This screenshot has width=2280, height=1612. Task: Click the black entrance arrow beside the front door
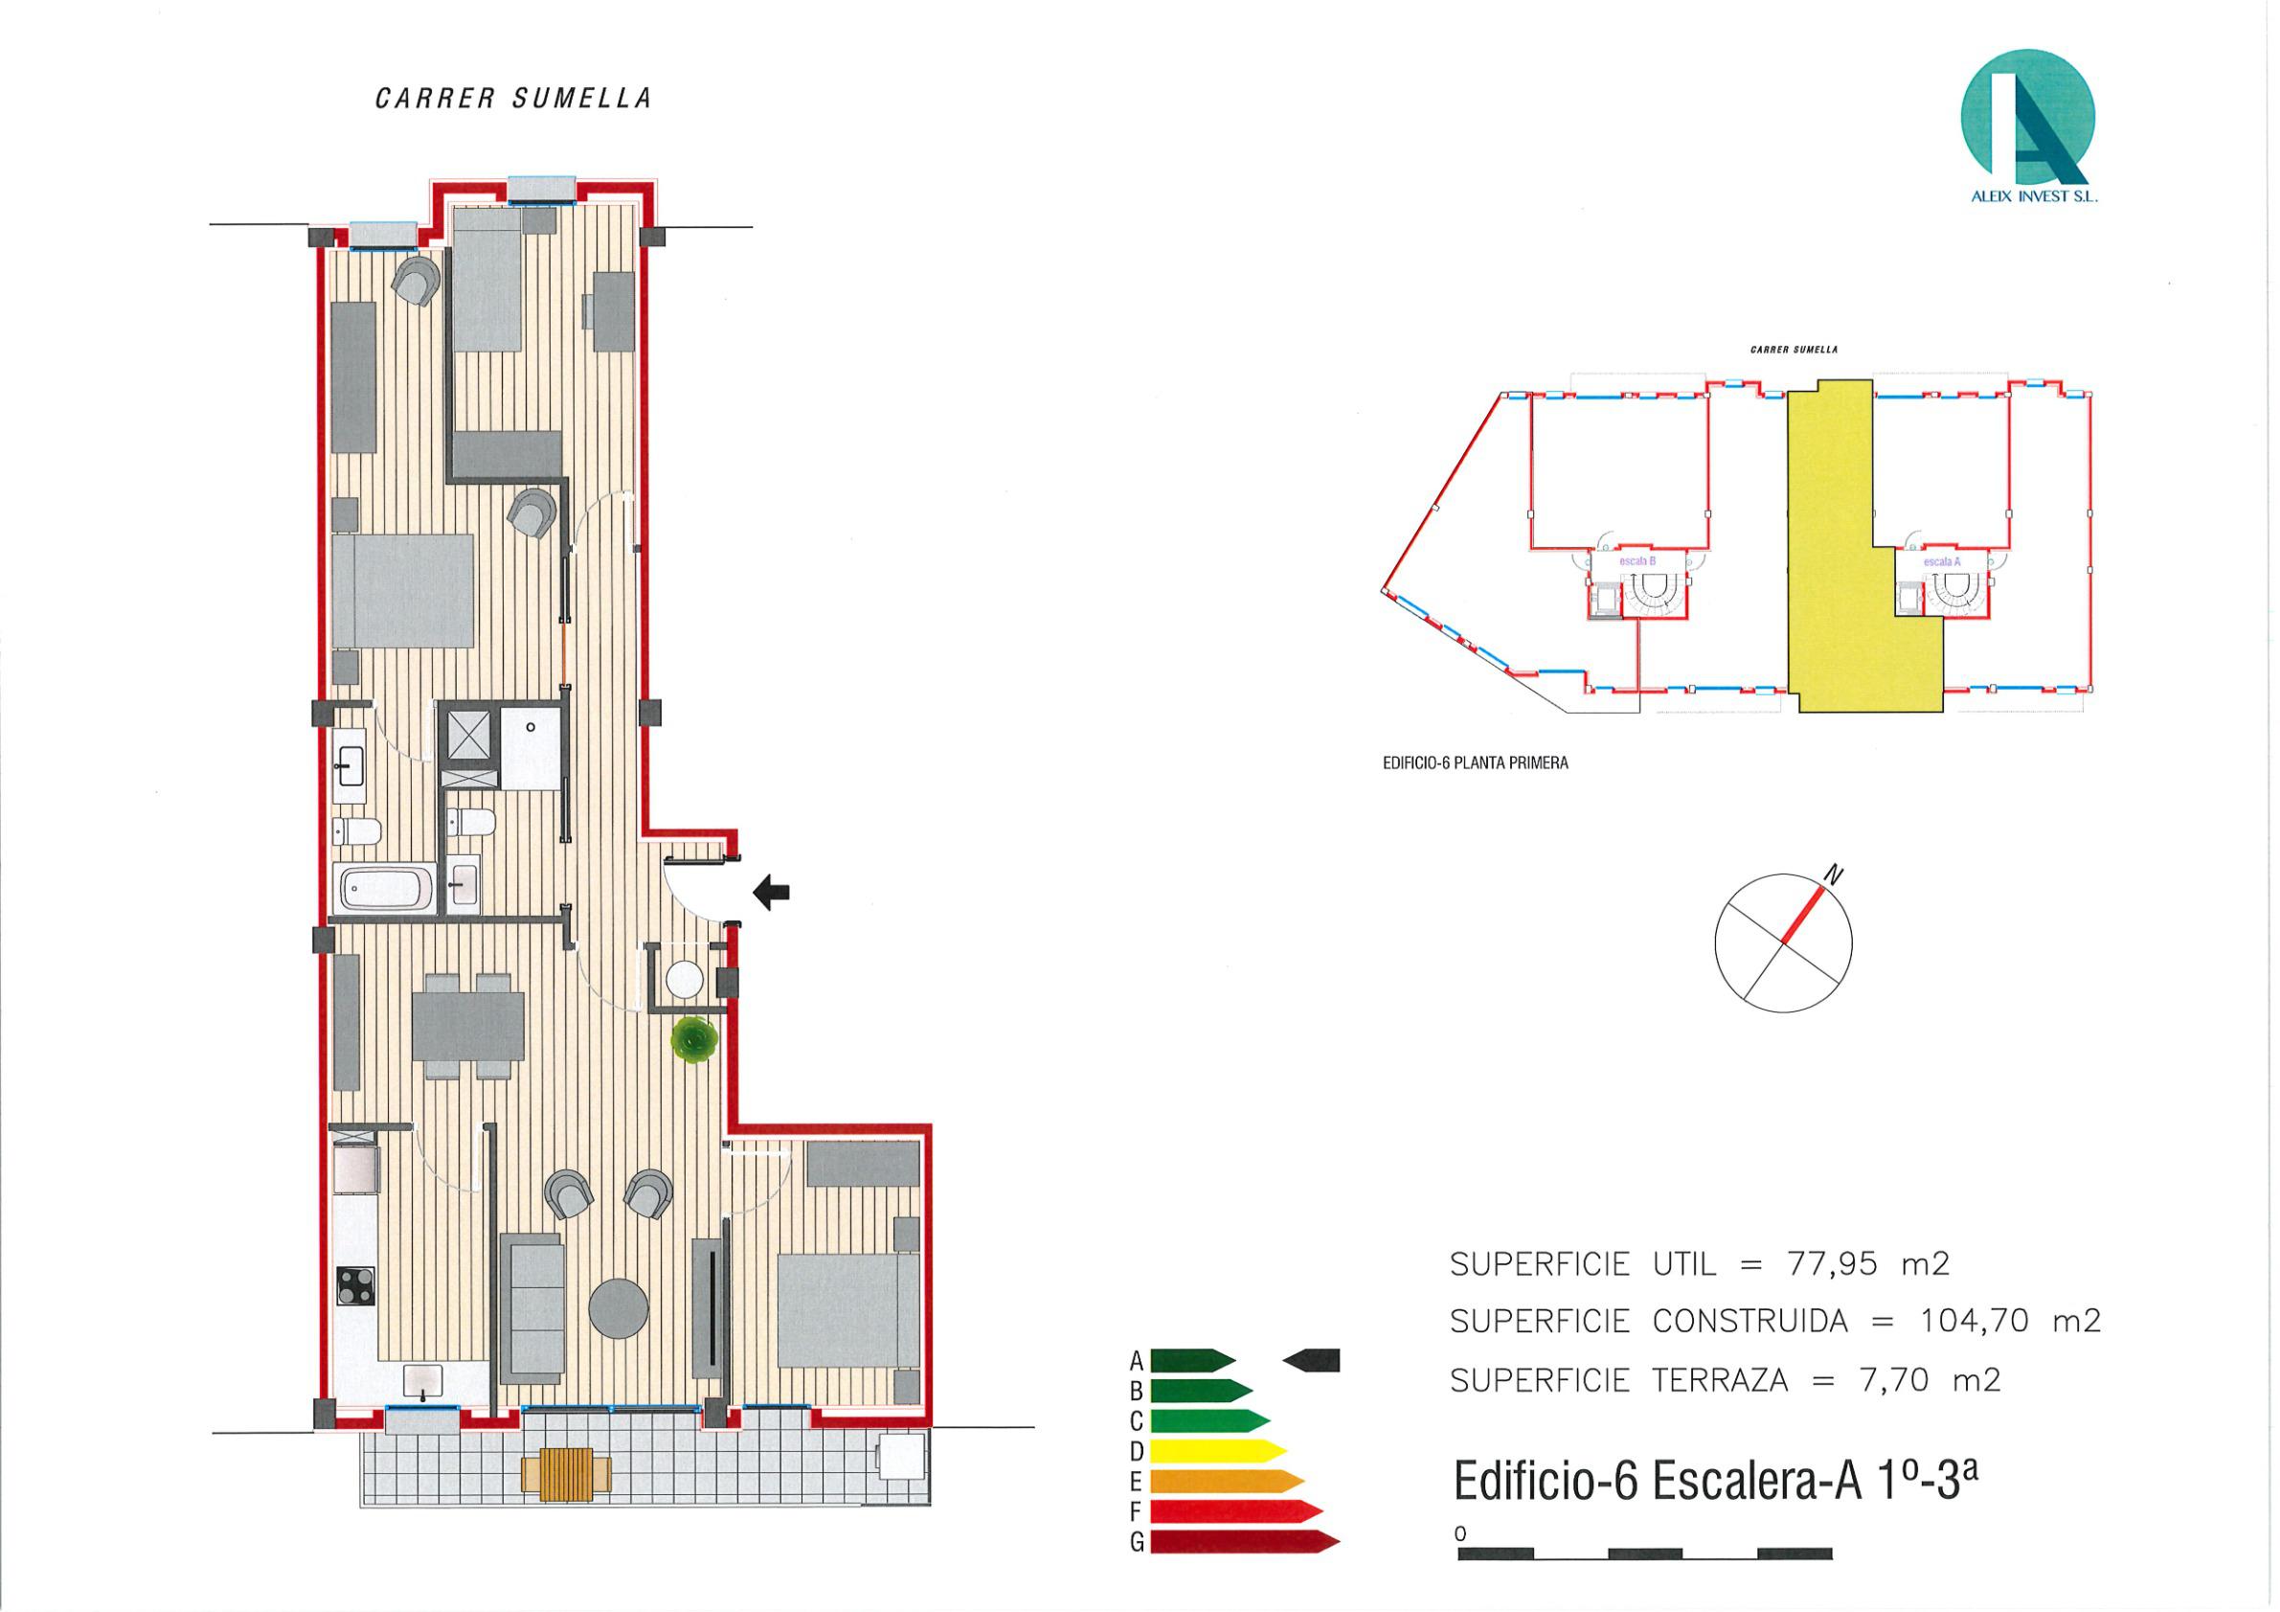tap(772, 892)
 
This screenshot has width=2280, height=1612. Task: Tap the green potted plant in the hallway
tap(693, 1040)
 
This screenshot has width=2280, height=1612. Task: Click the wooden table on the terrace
tap(566, 1475)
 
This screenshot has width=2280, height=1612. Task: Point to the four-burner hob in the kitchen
tap(356, 1285)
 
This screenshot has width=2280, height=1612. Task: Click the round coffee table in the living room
tap(619, 1308)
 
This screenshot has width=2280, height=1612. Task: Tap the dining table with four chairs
tap(467, 1026)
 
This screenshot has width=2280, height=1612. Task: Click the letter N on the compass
tap(1834, 875)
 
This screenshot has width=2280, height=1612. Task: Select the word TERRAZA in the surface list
tap(1722, 1379)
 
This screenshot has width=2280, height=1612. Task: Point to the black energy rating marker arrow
tap(1312, 1360)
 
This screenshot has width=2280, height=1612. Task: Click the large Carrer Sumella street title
tap(513, 99)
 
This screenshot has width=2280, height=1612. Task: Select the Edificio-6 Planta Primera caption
tap(1475, 763)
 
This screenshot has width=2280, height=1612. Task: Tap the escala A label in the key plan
tap(1941, 561)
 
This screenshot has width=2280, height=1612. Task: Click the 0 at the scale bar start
tap(1459, 1533)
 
